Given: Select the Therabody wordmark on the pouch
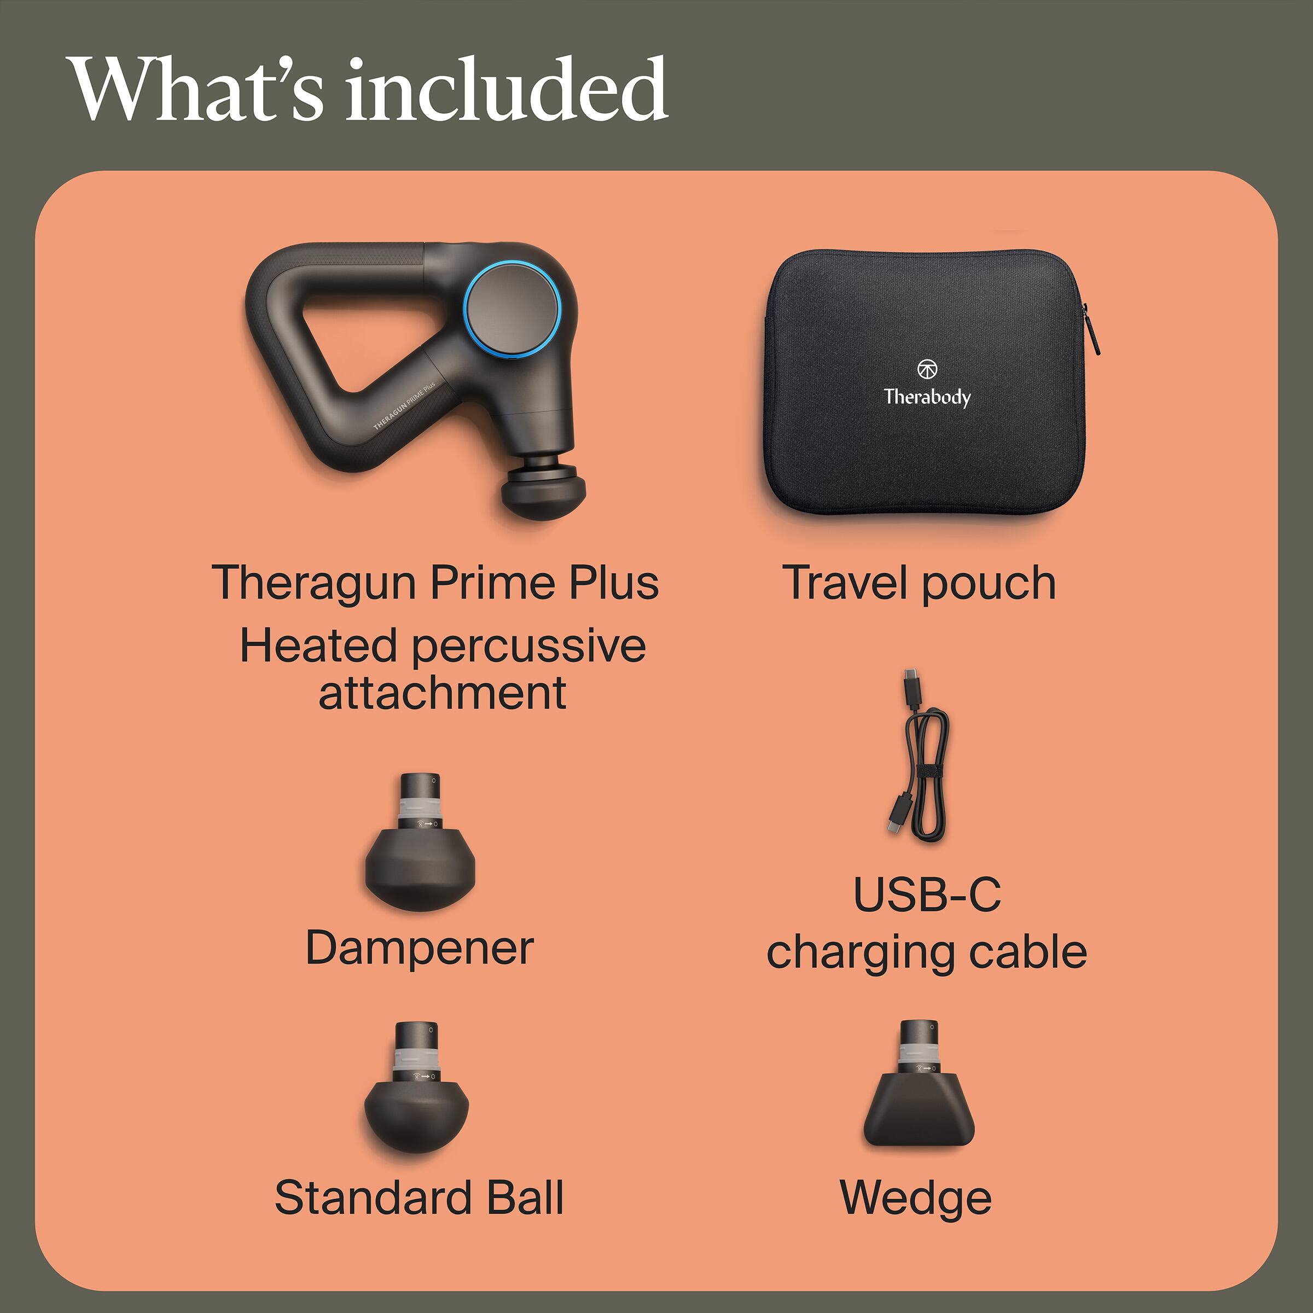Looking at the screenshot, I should point(927,396).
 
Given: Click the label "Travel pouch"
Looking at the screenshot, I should point(919,583).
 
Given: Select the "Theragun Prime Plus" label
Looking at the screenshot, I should point(435,583).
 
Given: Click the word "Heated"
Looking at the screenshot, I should point(318,646).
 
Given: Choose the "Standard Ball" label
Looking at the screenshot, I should point(419,1198).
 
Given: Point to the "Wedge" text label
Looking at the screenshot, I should point(915,1198).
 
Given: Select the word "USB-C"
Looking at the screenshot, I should point(927,894).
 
